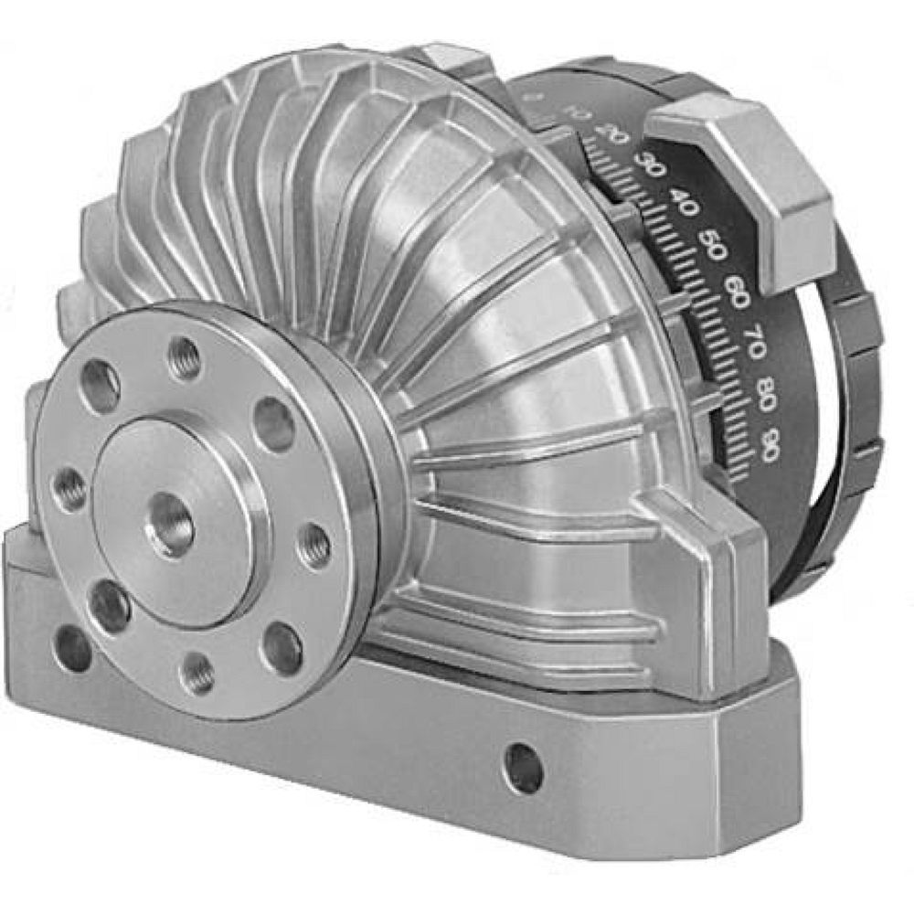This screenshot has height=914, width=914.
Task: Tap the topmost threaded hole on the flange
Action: [x=186, y=356]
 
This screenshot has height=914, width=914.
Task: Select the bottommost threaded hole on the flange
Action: [x=196, y=675]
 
